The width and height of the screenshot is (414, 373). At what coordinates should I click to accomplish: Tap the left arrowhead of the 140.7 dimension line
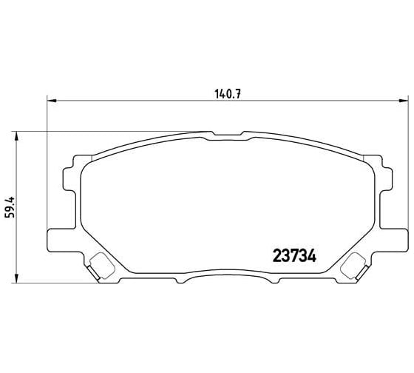click(51, 101)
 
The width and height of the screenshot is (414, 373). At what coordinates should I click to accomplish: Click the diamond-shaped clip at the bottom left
click(98, 263)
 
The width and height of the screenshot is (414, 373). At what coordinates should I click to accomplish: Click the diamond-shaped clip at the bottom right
click(357, 263)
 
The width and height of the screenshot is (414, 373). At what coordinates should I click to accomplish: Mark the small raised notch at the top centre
click(224, 134)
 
